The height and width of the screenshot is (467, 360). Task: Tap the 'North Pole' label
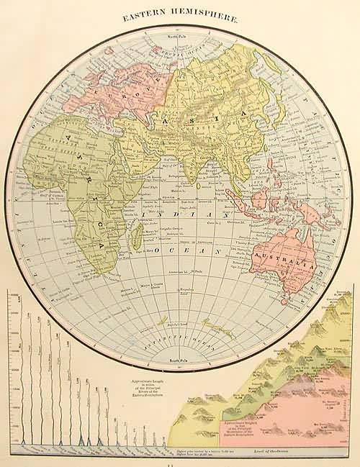[x=178, y=35]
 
